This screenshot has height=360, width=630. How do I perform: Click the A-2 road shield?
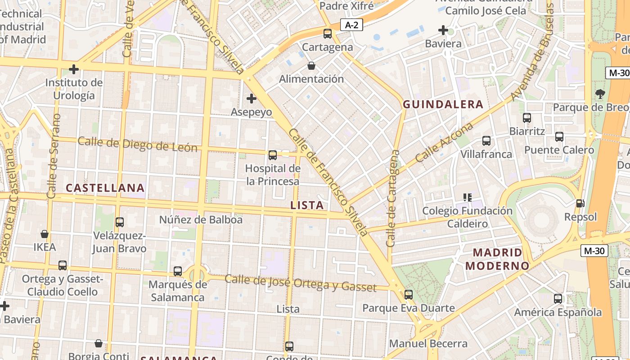pos(351,25)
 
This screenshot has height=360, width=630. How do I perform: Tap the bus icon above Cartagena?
pos(328,33)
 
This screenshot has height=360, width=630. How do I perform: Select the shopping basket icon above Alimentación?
pos(311,66)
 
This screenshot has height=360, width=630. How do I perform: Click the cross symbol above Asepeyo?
pos(252,98)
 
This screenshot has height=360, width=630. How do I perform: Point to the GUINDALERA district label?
pos(443,104)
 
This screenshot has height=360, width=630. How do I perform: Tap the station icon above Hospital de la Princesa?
pos(273,155)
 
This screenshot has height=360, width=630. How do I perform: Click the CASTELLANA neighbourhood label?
pos(105,188)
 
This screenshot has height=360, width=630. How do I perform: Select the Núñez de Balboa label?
pos(201,220)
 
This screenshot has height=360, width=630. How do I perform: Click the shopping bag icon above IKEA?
pos(45,234)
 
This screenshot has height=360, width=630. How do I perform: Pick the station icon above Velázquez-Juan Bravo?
pos(120,222)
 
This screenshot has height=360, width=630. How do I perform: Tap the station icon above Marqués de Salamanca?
pos(178,271)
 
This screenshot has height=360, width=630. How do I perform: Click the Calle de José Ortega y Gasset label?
pos(300,283)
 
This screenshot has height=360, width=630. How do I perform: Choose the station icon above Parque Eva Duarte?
pos(409,295)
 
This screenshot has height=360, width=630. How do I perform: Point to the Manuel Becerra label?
pos(428,344)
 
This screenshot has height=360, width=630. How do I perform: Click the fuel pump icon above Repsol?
pos(580,203)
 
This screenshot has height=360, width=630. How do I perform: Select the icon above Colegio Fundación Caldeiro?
pos(468,197)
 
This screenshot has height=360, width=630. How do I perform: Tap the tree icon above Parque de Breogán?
pos(600,94)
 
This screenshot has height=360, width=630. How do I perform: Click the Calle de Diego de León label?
pos(137,144)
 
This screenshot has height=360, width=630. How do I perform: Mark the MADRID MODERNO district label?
pos(497,259)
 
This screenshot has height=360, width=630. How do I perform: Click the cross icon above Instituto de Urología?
pos(74,69)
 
